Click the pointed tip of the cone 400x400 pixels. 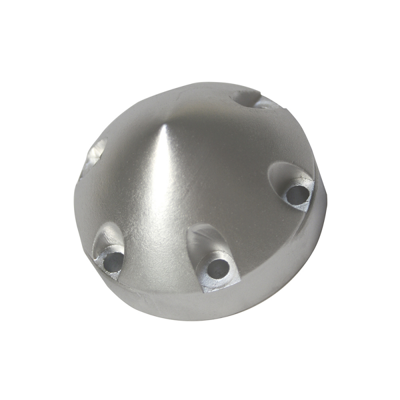(x=164, y=124)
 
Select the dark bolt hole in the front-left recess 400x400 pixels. (x=113, y=259)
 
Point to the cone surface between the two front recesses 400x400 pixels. (x=155, y=240)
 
